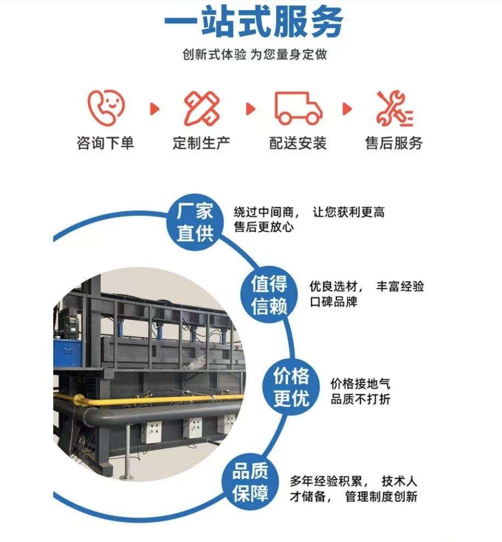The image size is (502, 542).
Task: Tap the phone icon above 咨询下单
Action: pyautogui.click(x=106, y=108)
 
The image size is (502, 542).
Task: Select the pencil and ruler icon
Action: pyautogui.click(x=201, y=108)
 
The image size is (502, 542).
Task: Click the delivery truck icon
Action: pyautogui.click(x=298, y=108)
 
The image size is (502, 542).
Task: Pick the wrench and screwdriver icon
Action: pyautogui.click(x=394, y=108)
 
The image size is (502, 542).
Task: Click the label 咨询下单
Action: pyautogui.click(x=105, y=144)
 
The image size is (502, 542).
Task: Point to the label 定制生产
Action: pyautogui.click(x=201, y=144)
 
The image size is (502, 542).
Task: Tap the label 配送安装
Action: pyautogui.click(x=298, y=144)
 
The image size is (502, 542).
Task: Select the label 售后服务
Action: pyautogui.click(x=394, y=144)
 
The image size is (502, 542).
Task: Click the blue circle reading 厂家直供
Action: pyautogui.click(x=195, y=222)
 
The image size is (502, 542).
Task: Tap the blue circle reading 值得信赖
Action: pyautogui.click(x=269, y=294)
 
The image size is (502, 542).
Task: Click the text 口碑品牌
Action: pyautogui.click(x=333, y=301)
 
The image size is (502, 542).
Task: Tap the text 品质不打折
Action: pyautogui.click(x=360, y=399)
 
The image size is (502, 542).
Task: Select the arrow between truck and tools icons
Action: pyautogui.click(x=347, y=109)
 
